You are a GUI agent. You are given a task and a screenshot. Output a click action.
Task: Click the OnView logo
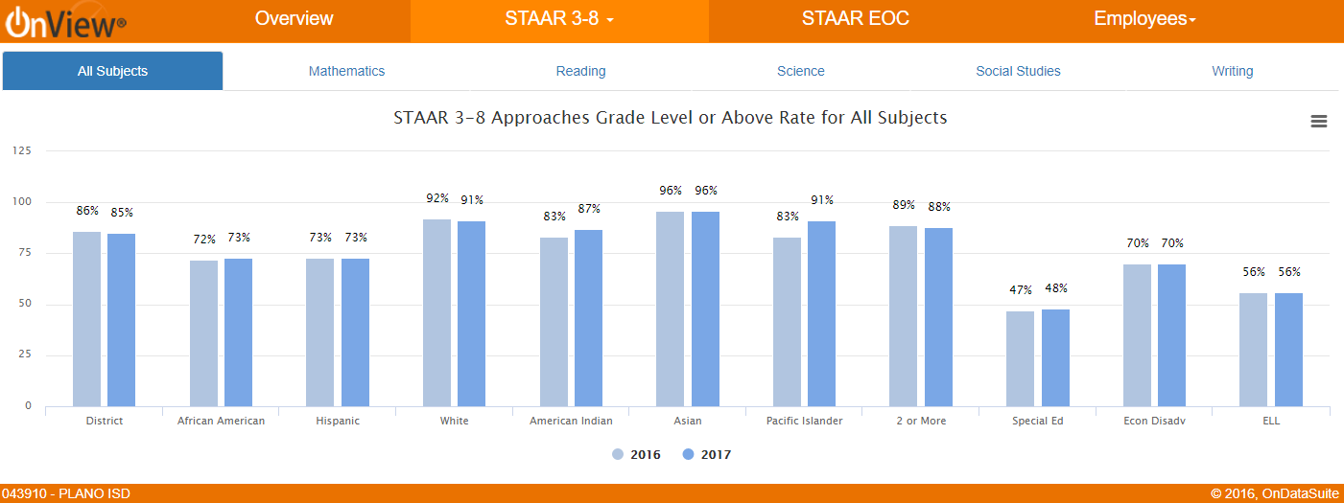[x=65, y=21]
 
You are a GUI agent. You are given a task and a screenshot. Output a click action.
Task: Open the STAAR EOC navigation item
[x=855, y=19]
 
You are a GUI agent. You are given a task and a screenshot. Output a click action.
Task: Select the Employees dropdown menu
[x=1144, y=19]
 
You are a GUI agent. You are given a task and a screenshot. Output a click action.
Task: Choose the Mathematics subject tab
[x=346, y=71]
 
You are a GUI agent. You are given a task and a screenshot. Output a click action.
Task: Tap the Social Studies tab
[x=1018, y=71]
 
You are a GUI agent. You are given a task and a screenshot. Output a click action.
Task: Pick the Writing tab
[x=1232, y=71]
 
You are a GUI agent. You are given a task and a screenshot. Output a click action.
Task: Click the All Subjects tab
[x=113, y=71]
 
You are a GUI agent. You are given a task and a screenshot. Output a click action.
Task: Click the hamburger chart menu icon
[x=1318, y=121]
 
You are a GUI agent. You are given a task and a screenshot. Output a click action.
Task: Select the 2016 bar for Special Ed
[x=1021, y=359]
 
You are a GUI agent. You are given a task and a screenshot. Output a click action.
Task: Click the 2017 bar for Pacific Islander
[x=822, y=314]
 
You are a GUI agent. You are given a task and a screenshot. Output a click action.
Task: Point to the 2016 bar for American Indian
[x=554, y=322]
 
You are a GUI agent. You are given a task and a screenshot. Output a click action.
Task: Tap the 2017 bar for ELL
[x=1288, y=350]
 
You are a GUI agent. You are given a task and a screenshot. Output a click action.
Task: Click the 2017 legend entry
[x=707, y=455]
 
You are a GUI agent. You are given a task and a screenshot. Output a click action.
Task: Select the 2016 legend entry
[x=637, y=455]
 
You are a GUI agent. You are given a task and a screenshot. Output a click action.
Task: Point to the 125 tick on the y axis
[x=21, y=151]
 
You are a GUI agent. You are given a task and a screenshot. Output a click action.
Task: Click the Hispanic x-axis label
[x=338, y=421]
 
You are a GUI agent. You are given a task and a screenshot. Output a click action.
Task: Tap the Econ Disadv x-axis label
[x=1154, y=421]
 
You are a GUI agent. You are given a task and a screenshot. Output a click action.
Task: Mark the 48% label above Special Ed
[x=1055, y=288]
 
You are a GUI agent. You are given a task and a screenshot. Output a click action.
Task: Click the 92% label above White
[x=437, y=198]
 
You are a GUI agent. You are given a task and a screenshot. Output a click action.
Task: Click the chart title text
[x=671, y=118]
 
